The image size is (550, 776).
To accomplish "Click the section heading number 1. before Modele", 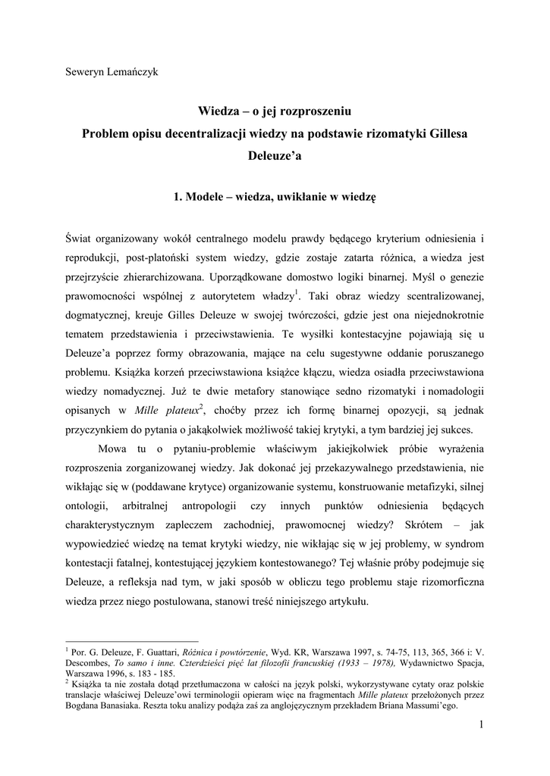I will [x=178, y=197].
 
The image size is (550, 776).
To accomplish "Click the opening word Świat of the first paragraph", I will [x=81, y=239].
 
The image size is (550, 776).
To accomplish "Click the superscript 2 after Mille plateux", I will [x=201, y=407].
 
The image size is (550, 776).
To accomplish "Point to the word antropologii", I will [x=213, y=505].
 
